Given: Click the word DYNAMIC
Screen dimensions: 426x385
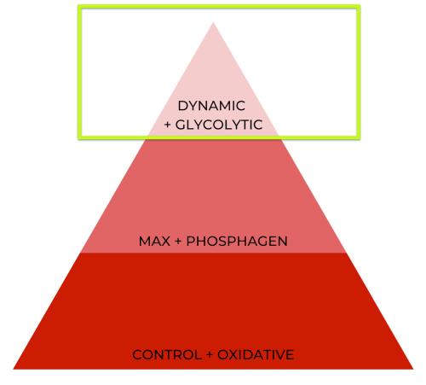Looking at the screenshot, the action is click(211, 106).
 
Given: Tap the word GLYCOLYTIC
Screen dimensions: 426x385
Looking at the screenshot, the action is click(219, 125).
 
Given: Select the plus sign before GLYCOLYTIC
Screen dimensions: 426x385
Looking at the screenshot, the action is click(168, 125).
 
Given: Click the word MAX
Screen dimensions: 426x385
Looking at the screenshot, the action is click(154, 242).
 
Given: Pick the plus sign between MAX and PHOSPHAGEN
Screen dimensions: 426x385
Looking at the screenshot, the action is click(178, 242).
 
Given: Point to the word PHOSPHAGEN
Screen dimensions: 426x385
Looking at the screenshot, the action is click(237, 242).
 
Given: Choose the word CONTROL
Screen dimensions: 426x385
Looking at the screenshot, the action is click(167, 355).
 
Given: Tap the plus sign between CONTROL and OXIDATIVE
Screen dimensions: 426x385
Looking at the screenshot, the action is click(210, 355).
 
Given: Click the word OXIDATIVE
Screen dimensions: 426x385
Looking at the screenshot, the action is click(256, 355).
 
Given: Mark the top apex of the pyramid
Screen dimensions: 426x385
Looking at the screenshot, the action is click(213, 22).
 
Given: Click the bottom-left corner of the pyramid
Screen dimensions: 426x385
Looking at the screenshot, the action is click(13, 369).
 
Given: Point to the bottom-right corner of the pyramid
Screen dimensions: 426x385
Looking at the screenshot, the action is click(413, 369).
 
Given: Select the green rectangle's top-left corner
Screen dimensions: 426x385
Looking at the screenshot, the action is click(79, 6).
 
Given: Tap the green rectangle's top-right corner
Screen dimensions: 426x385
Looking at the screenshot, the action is click(359, 6).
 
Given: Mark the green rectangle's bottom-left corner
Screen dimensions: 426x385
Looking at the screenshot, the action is click(79, 137).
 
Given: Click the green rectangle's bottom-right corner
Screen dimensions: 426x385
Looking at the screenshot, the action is click(359, 137).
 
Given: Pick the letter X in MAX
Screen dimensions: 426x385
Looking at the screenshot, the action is click(165, 242).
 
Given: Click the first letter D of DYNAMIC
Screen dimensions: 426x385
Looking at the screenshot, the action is click(182, 106).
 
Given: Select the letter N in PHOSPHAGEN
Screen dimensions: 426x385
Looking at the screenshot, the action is click(283, 242).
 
